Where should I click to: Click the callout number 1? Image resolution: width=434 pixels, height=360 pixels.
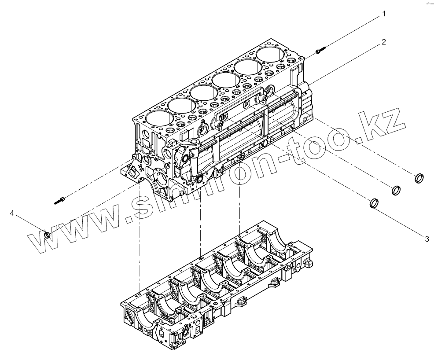[383, 14]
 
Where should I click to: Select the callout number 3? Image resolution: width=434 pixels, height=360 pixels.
[427, 239]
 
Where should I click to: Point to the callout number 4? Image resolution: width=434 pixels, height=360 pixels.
[12, 213]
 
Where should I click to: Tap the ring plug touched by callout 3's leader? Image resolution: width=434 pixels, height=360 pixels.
[373, 203]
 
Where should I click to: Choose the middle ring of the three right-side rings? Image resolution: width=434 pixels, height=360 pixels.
[397, 190]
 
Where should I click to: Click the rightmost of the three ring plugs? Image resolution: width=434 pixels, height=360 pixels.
[420, 178]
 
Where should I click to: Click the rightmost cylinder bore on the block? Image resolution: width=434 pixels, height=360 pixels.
[271, 55]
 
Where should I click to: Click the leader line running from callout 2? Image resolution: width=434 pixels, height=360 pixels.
[348, 62]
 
